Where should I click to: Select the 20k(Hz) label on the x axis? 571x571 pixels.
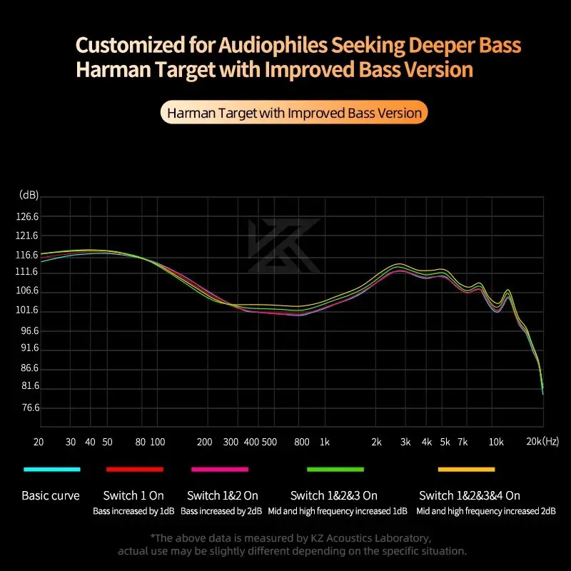542,442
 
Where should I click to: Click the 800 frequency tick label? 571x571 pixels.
300,442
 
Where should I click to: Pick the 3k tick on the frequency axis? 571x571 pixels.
405,442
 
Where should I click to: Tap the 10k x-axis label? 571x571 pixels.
496,442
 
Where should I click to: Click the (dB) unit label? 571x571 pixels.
29,195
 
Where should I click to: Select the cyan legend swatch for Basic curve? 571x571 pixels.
51,469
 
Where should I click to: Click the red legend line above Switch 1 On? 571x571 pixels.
135,469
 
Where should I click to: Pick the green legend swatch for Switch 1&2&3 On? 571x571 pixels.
335,469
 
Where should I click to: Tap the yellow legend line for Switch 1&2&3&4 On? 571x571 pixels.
466,469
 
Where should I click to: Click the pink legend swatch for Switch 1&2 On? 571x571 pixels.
220,469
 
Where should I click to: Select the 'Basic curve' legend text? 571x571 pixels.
51,495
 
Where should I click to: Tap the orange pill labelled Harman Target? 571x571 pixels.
294,113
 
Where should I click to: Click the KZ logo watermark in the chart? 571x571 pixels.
284,245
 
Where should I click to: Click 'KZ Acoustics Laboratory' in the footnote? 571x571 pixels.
370,537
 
